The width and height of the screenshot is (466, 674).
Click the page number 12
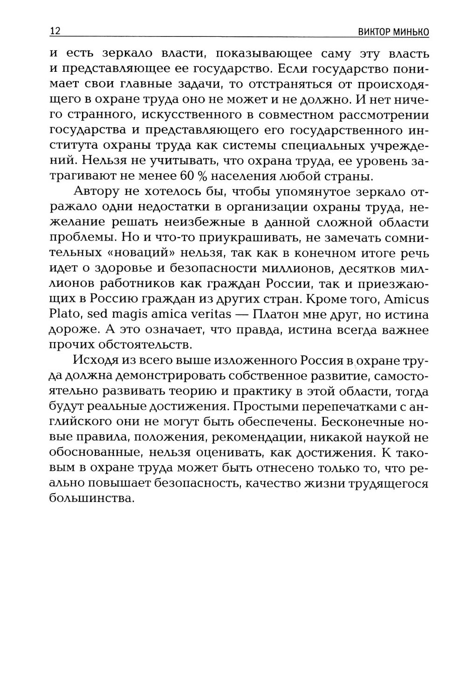point(55,32)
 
